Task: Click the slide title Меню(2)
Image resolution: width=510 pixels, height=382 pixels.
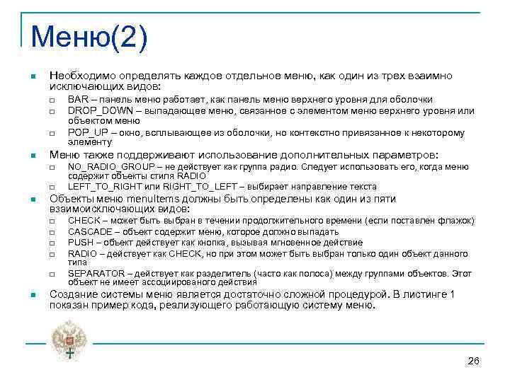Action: [89, 35]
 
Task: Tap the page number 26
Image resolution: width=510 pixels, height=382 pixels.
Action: [474, 361]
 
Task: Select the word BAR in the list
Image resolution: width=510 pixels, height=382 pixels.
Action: [76, 100]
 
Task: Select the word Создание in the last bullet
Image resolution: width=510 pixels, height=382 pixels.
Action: [71, 294]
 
